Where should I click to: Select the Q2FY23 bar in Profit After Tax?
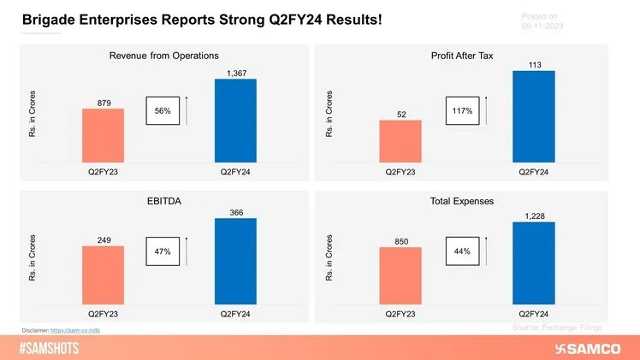click(400, 141)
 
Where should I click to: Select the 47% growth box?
click(163, 253)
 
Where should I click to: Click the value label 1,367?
click(234, 74)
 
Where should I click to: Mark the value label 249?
click(103, 239)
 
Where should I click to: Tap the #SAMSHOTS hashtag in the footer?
click(50, 348)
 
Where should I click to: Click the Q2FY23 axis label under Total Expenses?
click(400, 312)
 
